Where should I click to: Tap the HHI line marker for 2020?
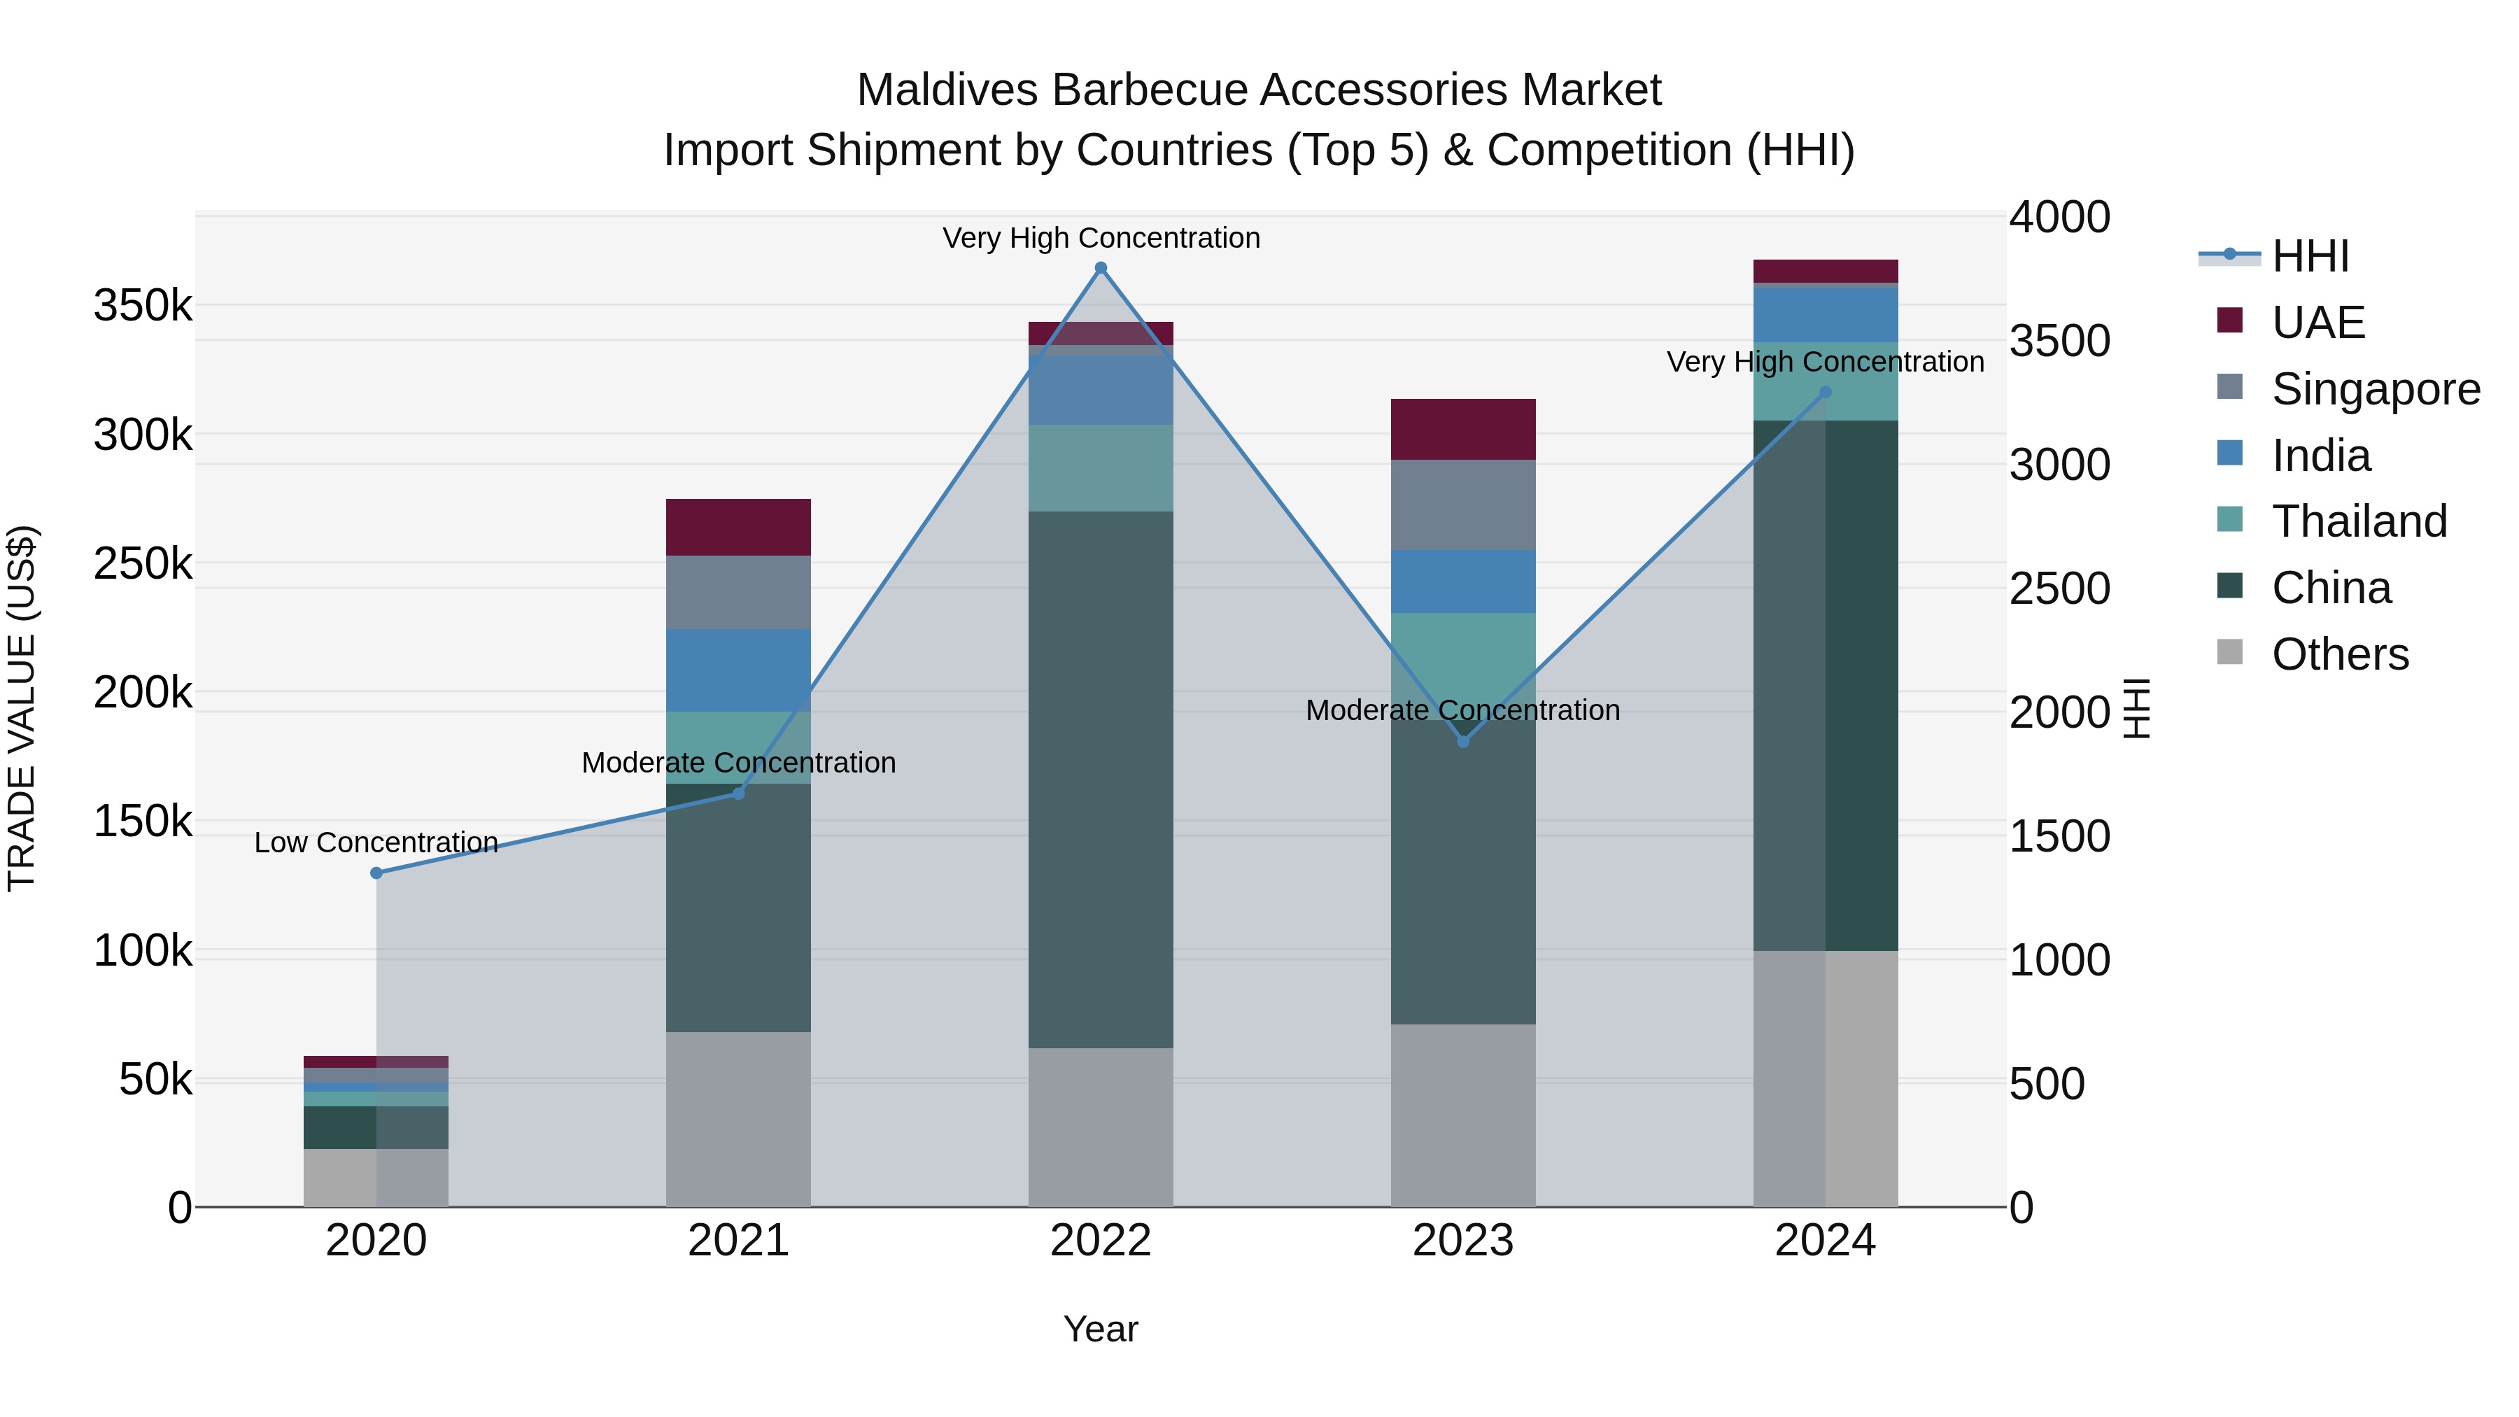(x=376, y=873)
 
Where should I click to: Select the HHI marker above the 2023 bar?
(x=1463, y=741)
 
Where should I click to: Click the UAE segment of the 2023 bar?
(x=1463, y=430)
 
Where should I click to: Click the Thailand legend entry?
(x=2359, y=521)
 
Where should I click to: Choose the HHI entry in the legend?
(x=2310, y=256)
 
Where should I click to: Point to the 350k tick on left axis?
(x=143, y=306)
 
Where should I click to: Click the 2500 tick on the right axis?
(x=2059, y=588)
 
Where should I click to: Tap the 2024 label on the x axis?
(x=1825, y=1241)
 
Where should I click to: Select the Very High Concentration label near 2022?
(x=1101, y=238)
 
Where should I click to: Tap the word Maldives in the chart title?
(x=947, y=90)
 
